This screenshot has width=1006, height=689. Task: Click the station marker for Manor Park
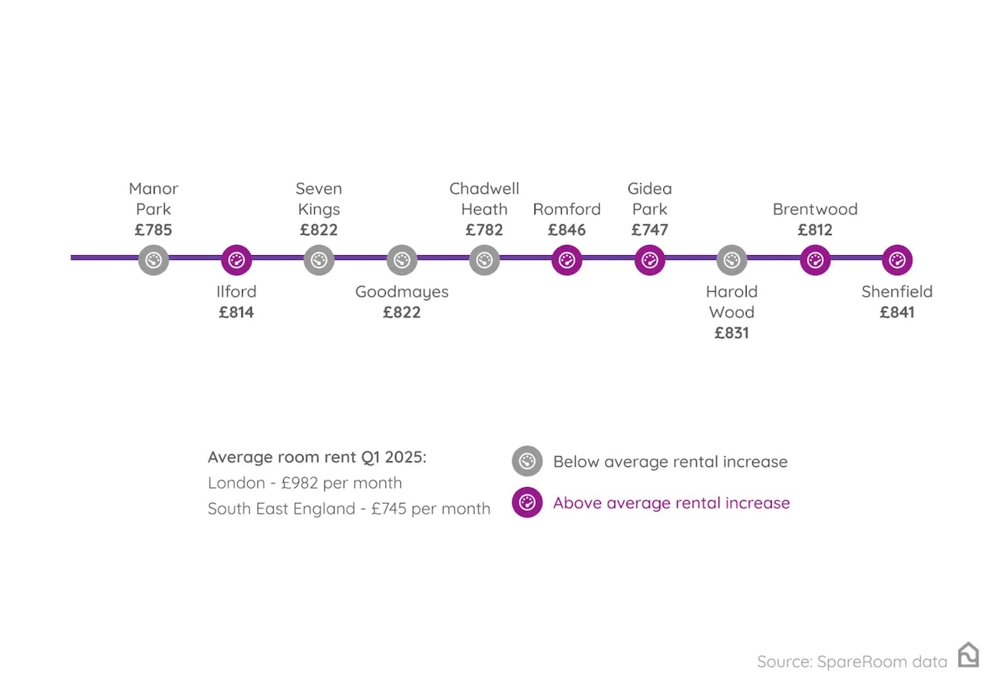coord(154,260)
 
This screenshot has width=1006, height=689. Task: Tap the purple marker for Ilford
coord(236,260)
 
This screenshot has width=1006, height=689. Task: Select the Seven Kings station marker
coord(319,260)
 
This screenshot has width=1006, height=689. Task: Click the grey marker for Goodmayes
coord(402,260)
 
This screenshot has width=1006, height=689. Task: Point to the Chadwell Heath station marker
coord(484,260)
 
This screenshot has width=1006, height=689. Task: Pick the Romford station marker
coord(567,260)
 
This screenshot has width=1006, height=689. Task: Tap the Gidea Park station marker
coord(650,260)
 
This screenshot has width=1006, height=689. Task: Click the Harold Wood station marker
coord(732,260)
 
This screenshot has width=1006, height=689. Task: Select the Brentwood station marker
coord(815,260)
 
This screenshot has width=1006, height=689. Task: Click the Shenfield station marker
coord(897,260)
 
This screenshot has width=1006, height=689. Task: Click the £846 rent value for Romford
coord(567,230)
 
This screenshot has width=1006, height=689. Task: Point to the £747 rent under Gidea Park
coord(650,230)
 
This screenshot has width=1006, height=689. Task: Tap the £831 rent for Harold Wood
coord(732,333)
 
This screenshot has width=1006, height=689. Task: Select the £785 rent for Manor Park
coord(154,230)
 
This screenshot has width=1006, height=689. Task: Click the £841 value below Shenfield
coord(897,313)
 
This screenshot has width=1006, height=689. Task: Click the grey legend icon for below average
coord(527,461)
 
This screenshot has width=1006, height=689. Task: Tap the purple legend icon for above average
coord(527,503)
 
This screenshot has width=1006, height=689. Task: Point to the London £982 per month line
coord(305,483)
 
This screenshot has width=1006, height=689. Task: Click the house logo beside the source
coord(968,655)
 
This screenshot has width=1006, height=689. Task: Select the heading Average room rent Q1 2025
coord(317,458)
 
